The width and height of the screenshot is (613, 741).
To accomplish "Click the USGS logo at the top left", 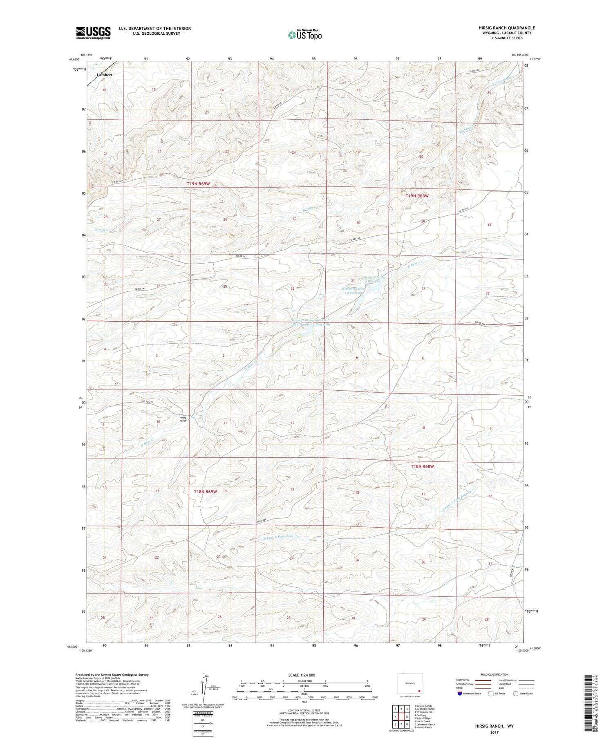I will pos(93,33).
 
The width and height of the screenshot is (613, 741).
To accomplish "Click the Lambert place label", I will pos(105,75).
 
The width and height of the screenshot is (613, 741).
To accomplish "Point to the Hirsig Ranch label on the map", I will pos(183,419).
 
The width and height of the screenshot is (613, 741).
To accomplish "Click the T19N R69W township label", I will pos(201,184).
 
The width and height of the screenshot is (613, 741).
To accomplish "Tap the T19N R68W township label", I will pos(417,196).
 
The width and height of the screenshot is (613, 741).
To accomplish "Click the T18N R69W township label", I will pos(205,492).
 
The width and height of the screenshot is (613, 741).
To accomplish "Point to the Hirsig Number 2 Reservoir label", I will pos(373,279).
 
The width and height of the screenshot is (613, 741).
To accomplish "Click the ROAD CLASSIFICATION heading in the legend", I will pos(494,674).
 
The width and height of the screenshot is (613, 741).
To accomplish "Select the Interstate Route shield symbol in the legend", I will pos(460,693).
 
